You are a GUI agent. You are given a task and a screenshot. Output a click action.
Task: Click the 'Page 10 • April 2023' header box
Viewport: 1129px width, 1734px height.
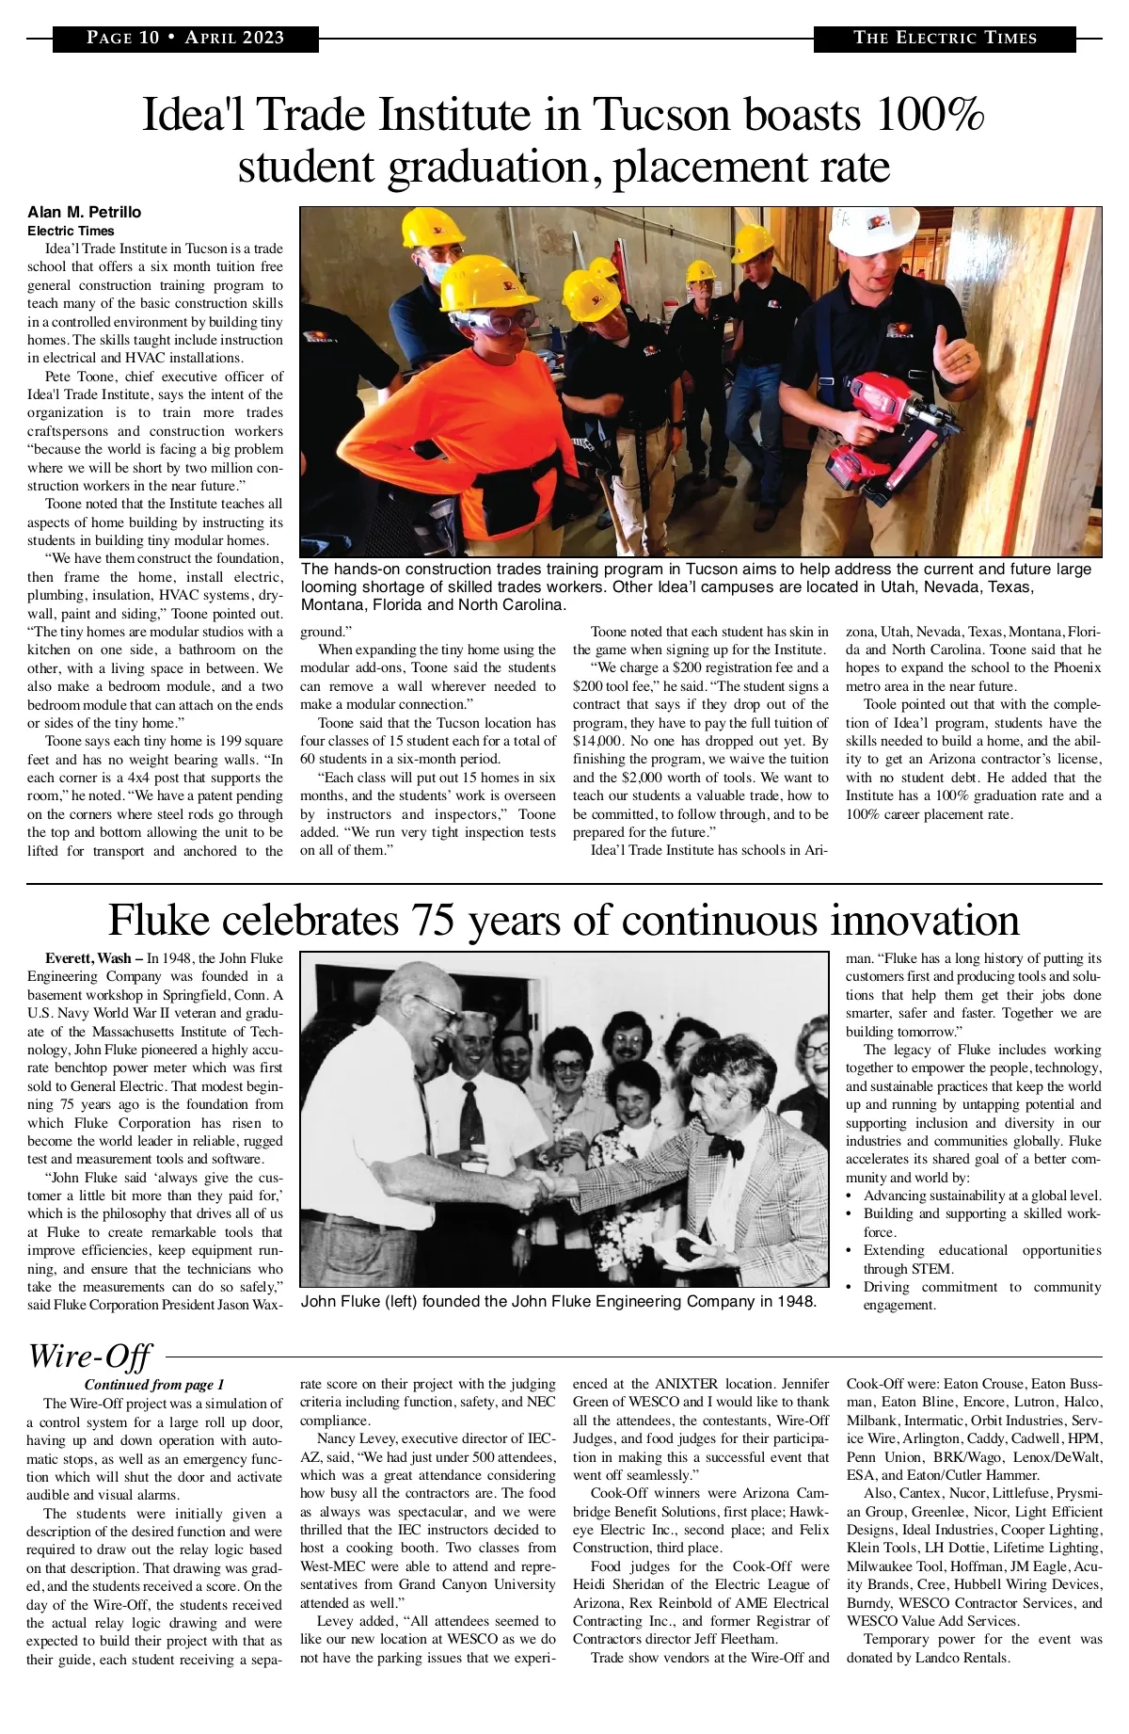click(185, 39)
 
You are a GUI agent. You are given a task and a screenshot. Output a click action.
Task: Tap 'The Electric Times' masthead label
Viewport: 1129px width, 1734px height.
click(944, 39)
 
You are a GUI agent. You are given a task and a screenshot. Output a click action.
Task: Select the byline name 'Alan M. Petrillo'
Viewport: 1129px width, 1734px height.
click(85, 212)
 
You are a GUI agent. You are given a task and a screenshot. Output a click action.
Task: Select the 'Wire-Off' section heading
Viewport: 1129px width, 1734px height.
click(89, 1357)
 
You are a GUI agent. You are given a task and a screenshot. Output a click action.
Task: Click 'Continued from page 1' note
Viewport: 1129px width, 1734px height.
click(154, 1385)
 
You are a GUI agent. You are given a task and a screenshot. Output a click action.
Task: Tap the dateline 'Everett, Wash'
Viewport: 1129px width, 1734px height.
click(88, 958)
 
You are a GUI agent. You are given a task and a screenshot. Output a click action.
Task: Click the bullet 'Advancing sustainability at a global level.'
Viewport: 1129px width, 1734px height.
click(982, 1196)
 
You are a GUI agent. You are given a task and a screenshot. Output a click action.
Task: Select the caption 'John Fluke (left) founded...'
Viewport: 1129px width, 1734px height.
click(558, 1302)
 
